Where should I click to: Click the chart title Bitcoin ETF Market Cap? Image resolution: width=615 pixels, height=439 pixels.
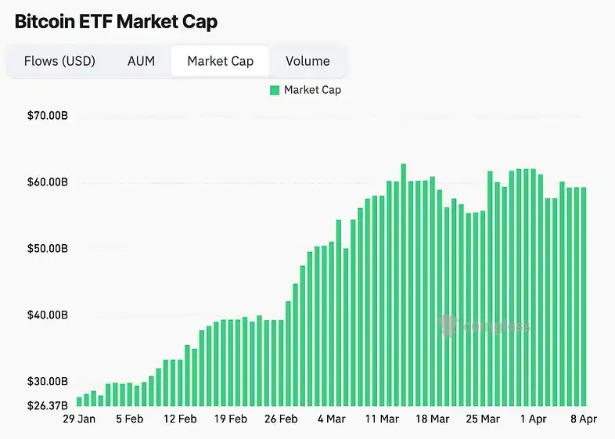coord(116,21)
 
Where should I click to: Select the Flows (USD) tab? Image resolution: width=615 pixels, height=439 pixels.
coord(59,61)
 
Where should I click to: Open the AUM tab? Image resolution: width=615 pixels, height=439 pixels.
coord(141,61)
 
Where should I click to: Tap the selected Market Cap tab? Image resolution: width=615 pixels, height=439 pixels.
coord(220,61)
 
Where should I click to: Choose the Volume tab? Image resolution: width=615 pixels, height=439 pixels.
coord(307,61)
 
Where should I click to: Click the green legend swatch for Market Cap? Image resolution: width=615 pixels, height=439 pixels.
coord(275,90)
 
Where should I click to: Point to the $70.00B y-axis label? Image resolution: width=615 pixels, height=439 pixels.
coord(47,116)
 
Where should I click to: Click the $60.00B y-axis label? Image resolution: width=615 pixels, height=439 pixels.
coord(47,182)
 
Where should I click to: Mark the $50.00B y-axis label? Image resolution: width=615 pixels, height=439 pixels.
coord(47,249)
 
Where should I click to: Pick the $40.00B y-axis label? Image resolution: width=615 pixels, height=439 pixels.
coord(47,315)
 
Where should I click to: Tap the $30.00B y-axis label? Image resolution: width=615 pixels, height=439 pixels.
coord(47,382)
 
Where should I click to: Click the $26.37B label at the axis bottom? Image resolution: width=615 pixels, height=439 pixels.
coord(47,405)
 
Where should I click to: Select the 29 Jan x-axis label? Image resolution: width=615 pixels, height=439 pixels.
coord(79,419)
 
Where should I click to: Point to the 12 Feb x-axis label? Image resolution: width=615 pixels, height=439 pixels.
coord(180,419)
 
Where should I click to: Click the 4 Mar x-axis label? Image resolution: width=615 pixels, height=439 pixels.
coord(331,419)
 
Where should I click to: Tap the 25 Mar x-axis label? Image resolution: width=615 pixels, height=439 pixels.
coord(483,419)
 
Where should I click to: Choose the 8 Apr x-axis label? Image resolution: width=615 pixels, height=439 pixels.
coord(584,419)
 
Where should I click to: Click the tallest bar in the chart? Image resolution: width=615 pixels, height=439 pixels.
coord(404,286)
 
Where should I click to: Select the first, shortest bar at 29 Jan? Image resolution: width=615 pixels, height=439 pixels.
coord(80,401)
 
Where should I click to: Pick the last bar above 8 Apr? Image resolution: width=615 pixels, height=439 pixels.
coord(584,297)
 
